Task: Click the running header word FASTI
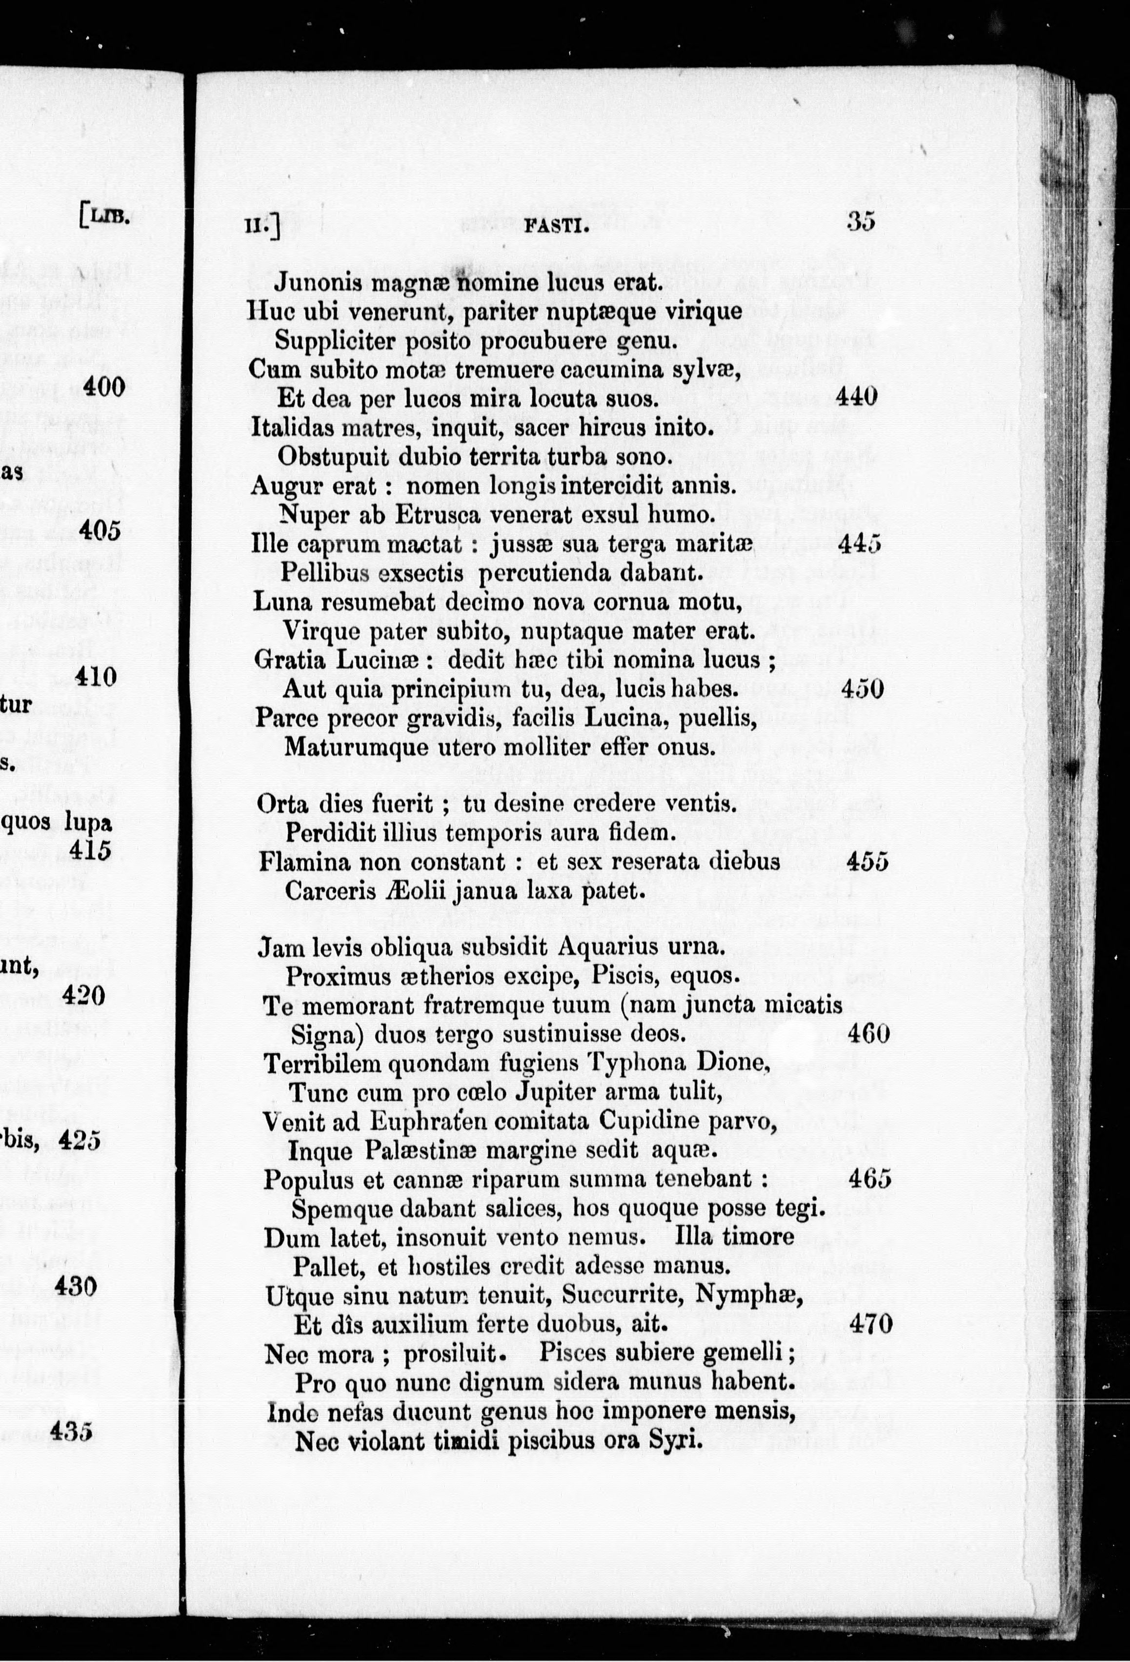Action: pyautogui.click(x=556, y=227)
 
